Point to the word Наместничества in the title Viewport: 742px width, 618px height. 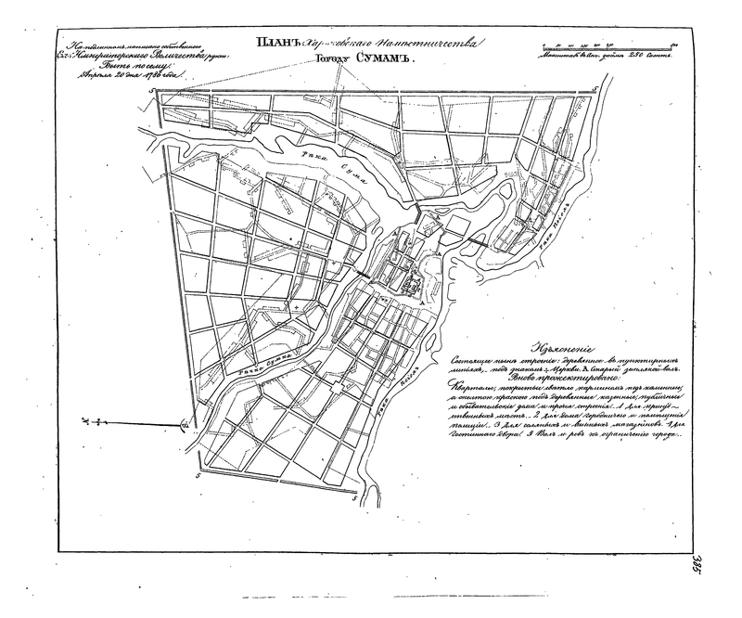[x=428, y=43]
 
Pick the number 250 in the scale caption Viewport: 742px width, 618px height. [x=624, y=55]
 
